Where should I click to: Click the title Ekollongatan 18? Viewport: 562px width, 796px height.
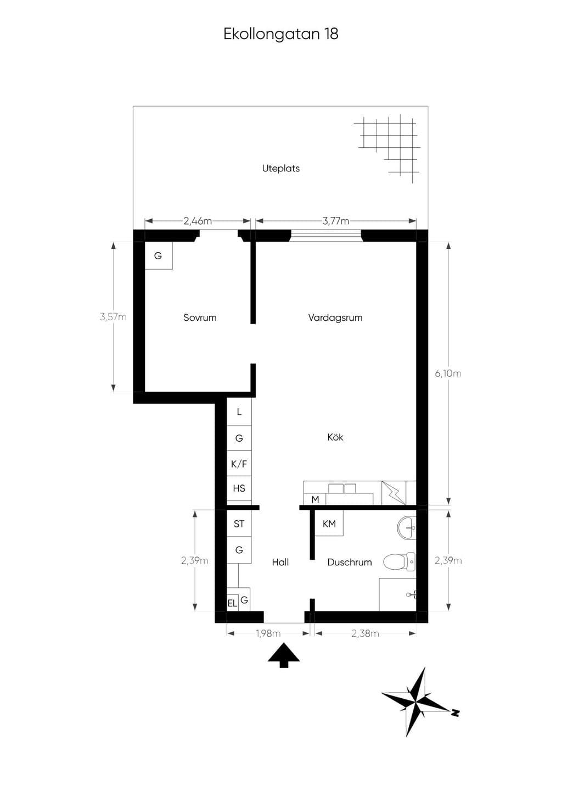point(281,34)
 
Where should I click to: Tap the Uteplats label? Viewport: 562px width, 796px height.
point(281,169)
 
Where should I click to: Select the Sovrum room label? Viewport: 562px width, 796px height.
point(200,318)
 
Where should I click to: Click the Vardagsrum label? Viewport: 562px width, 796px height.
point(335,318)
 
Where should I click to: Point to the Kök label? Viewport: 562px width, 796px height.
point(335,437)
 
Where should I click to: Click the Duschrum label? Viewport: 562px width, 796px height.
point(350,562)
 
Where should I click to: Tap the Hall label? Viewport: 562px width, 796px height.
point(280,562)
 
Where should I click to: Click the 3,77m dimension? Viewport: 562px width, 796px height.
point(335,221)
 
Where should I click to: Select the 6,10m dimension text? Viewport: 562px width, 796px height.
point(448,374)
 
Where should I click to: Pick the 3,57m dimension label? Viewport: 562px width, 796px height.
point(113,316)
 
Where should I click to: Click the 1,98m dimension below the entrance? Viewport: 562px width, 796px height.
point(268,633)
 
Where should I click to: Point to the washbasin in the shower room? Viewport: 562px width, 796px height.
point(407,528)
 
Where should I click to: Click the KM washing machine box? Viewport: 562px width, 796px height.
point(329,523)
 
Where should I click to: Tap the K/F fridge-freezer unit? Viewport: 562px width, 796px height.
point(239,464)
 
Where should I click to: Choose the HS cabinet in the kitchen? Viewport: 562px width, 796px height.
point(239,488)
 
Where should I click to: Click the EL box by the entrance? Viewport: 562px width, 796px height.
point(232,603)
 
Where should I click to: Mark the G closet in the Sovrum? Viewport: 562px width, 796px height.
point(159,255)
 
